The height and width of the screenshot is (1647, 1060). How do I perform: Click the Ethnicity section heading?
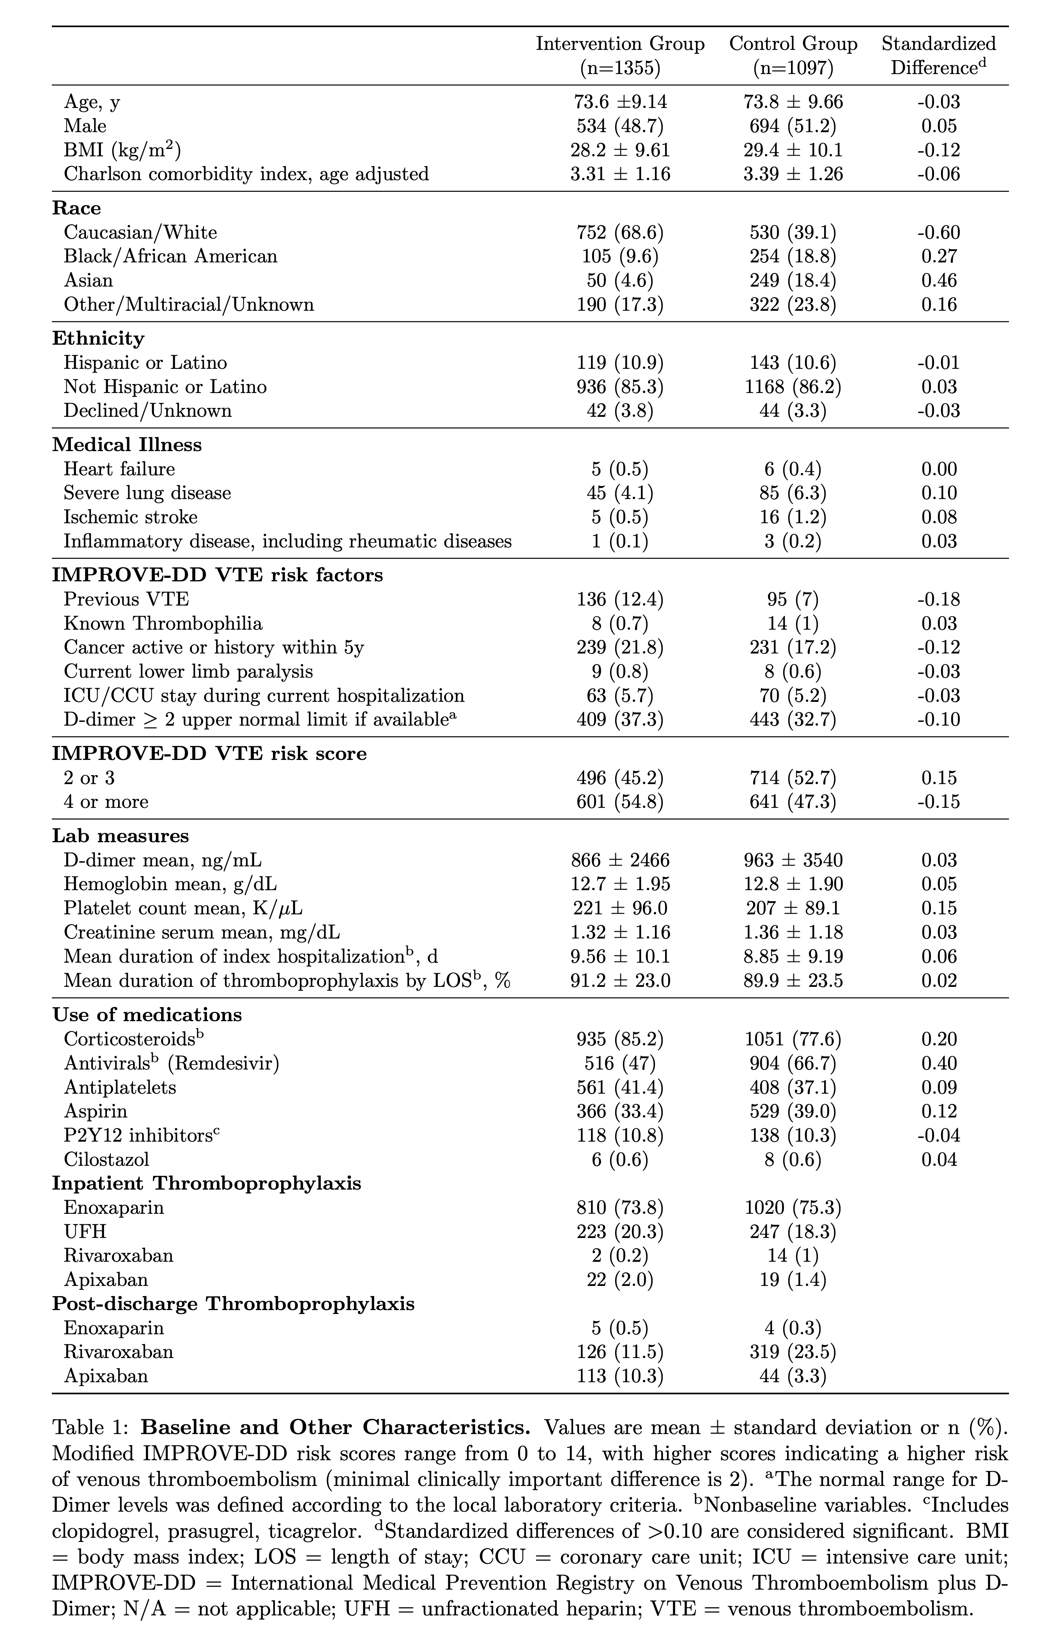click(x=98, y=338)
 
